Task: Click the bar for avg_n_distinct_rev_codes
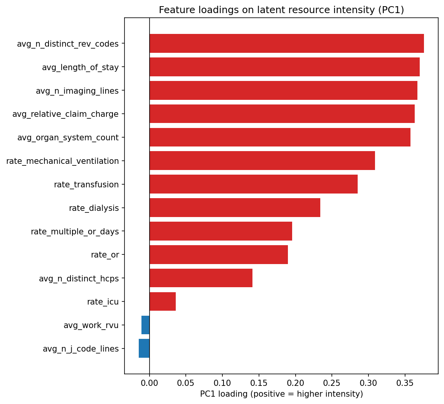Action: click(x=286, y=44)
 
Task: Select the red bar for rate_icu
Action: click(x=163, y=301)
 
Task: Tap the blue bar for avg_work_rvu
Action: click(x=145, y=325)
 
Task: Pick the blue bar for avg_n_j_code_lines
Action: click(x=144, y=348)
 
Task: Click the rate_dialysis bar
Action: click(x=235, y=208)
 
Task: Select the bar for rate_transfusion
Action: click(x=253, y=184)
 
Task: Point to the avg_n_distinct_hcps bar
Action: click(x=201, y=278)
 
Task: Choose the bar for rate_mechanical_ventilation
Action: click(x=262, y=161)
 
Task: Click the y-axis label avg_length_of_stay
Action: click(x=80, y=67)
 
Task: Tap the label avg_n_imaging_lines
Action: click(x=77, y=91)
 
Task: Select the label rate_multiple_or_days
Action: click(x=75, y=232)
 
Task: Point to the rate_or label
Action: click(x=105, y=255)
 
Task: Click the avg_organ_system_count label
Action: click(x=68, y=138)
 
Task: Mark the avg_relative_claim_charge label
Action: click(x=66, y=114)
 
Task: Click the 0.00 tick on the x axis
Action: click(x=150, y=383)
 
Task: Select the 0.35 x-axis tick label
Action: click(x=405, y=383)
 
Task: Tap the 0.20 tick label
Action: click(x=295, y=383)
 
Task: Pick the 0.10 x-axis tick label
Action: click(x=222, y=383)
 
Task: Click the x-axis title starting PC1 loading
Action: click(x=281, y=394)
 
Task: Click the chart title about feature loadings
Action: click(x=281, y=10)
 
